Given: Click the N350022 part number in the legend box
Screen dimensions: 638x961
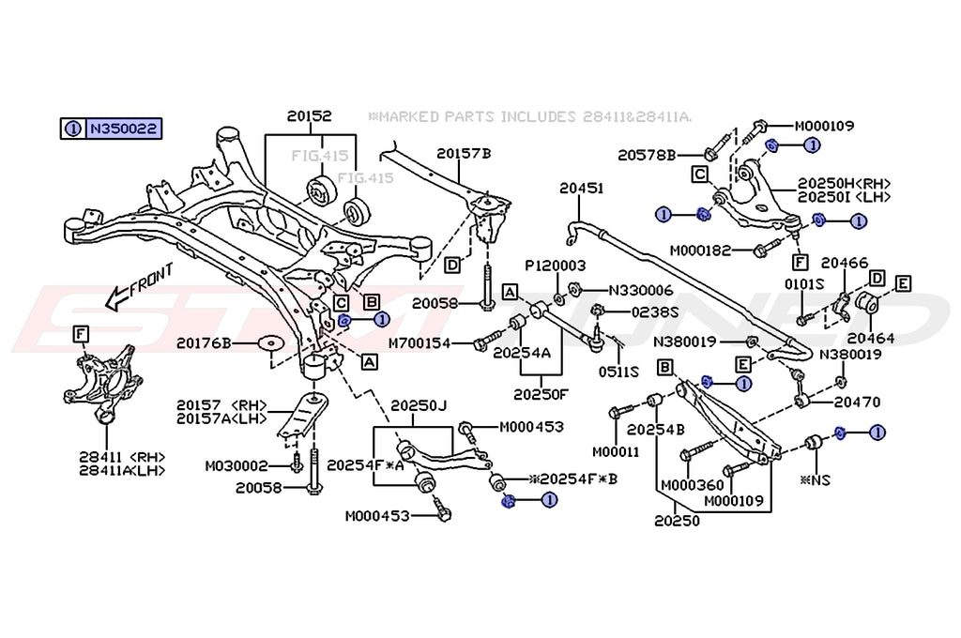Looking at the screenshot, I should point(123,129).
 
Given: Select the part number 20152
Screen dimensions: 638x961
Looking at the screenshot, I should point(310,116).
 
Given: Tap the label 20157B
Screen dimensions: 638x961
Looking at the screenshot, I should point(463,153).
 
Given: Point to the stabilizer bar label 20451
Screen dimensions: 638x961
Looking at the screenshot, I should point(581,189).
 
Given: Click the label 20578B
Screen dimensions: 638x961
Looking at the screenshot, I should point(647,154).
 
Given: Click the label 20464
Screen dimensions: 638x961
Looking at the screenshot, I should point(871,338).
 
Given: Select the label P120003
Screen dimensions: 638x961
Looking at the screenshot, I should point(555,266).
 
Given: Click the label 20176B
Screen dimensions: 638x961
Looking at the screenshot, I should point(226,344).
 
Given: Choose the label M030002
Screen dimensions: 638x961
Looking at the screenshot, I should point(236,465).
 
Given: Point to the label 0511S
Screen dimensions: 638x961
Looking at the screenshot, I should point(619,371).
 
